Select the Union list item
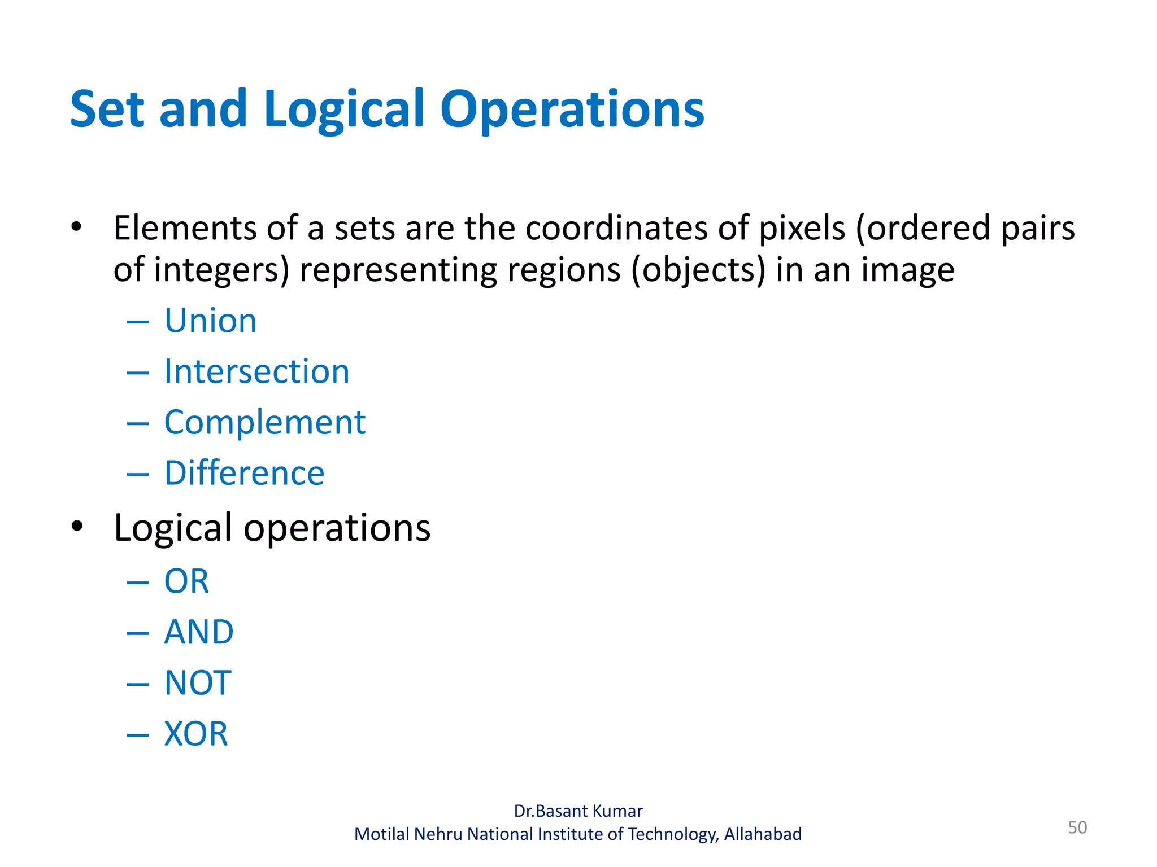pos(210,321)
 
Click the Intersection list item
pos(256,371)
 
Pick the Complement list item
pos(264,422)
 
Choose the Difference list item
pos(244,473)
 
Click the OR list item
pos(186,581)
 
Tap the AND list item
pos(198,632)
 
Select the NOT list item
pos(198,682)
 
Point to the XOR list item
pos(195,734)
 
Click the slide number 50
pos(1077,827)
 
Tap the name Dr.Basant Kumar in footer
pos(578,811)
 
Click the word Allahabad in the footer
pos(763,834)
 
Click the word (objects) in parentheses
pos(698,270)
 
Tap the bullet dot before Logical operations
pos(77,526)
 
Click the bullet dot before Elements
pos(77,227)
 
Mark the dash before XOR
pos(138,735)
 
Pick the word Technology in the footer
pos(673,834)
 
